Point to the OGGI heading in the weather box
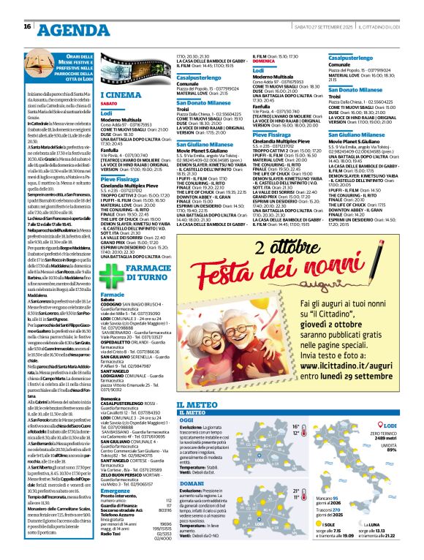186,421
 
